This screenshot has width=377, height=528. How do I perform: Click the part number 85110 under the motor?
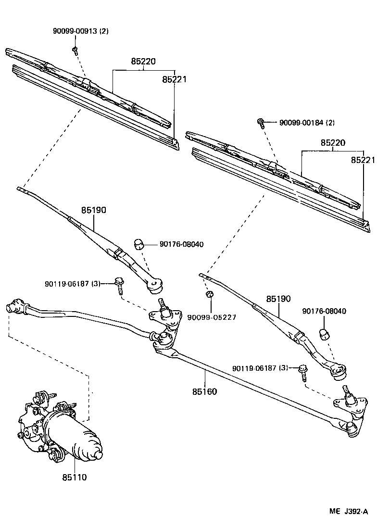coord(75,478)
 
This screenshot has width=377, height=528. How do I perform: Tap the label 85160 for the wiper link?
coord(204,391)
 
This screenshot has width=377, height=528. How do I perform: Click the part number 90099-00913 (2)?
coord(81,31)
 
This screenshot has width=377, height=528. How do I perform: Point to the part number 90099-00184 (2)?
coord(307,123)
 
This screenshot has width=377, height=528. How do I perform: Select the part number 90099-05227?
coord(212,317)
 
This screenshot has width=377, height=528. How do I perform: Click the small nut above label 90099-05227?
coord(210,294)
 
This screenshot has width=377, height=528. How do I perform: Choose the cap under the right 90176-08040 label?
coord(325,334)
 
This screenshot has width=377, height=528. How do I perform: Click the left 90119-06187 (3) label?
coord(73,284)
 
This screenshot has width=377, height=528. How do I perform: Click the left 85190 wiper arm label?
coord(93,210)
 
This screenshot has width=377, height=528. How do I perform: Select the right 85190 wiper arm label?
coord(278,299)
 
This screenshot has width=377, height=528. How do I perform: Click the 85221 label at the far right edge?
coord(363,160)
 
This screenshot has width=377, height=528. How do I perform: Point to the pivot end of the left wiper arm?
coord(155,286)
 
